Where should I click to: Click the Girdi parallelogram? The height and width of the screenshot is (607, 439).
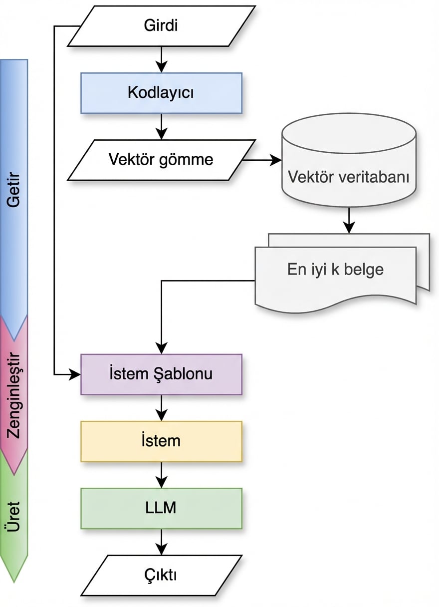tap(161, 26)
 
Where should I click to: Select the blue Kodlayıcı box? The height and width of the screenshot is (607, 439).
tap(161, 93)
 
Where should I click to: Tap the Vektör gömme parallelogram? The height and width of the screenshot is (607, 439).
tap(161, 160)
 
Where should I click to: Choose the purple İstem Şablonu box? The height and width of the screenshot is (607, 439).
tap(161, 374)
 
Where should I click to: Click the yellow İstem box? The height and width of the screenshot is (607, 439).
tap(161, 441)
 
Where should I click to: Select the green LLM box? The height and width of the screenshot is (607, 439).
tap(161, 508)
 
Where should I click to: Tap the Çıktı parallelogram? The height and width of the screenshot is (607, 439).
tap(161, 575)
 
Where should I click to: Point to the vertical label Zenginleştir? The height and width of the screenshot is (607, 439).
tap(14, 394)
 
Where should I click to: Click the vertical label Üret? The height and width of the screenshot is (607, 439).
tap(14, 517)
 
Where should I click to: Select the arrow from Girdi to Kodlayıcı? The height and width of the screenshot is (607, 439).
tap(161, 59)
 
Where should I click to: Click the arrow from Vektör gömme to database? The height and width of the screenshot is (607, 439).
tap(262, 160)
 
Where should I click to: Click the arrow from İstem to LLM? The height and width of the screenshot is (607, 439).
tap(161, 474)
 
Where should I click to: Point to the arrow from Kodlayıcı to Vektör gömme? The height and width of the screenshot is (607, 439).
tap(161, 126)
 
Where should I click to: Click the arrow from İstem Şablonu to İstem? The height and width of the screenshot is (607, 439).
tap(161, 407)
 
